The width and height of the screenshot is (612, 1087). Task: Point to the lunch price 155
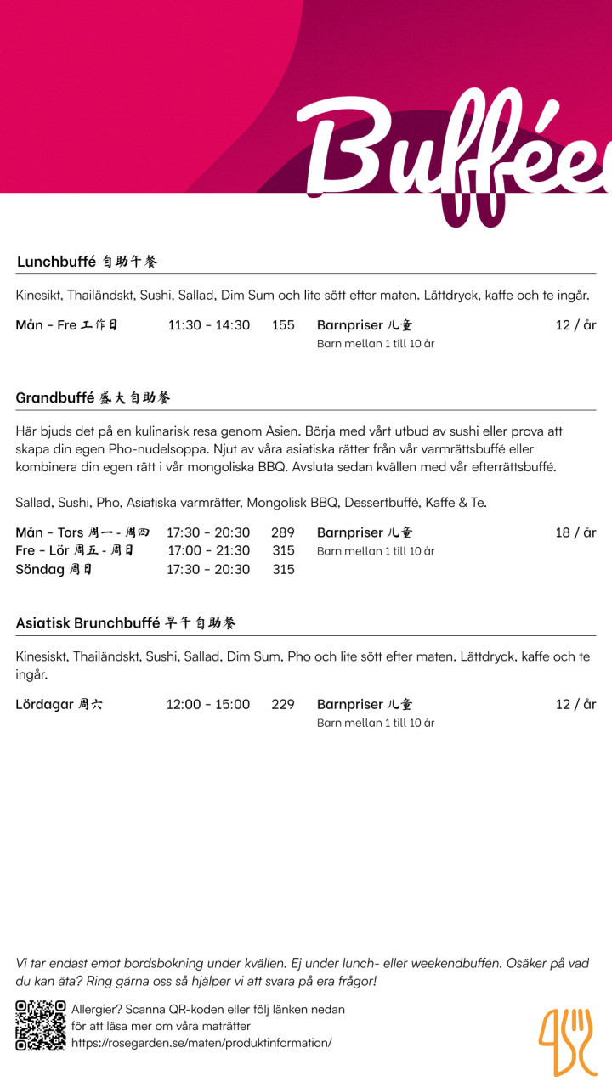point(283,325)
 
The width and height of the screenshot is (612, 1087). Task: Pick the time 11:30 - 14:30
point(209,325)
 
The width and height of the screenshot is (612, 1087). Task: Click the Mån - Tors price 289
point(283,532)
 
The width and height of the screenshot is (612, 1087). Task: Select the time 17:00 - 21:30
point(209,550)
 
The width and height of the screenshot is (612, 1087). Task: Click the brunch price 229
point(283,704)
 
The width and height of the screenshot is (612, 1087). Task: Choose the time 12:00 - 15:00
point(208,704)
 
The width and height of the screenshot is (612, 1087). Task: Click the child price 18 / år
point(575,532)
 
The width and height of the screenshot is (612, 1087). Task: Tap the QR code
point(41,1026)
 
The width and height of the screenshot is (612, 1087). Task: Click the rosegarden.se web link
point(201,1043)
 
